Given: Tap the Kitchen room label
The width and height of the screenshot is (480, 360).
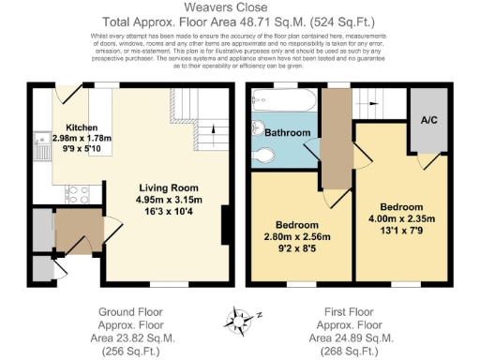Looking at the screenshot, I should [x=82, y=127].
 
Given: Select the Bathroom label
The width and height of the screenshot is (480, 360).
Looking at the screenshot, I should [x=286, y=133].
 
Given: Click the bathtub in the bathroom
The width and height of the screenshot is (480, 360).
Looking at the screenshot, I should [x=283, y=104].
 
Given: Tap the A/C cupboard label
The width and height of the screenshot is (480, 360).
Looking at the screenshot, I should [x=429, y=120].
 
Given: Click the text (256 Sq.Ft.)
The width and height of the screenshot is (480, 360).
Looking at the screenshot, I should [x=122, y=351].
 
